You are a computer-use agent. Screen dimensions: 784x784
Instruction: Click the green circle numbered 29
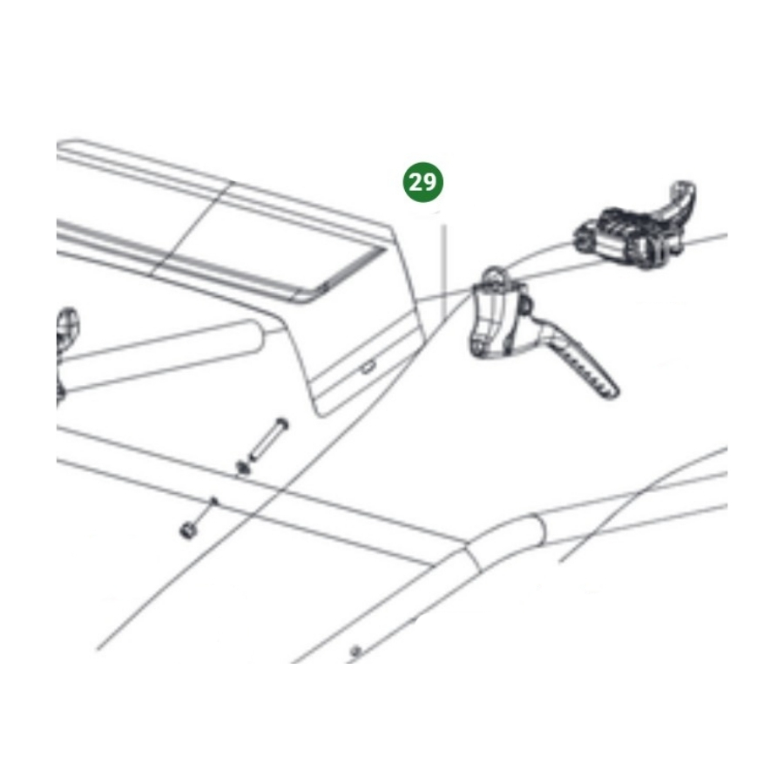423,182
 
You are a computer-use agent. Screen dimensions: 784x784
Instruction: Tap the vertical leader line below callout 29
443,271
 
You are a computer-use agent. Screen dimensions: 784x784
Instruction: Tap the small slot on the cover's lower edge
368,367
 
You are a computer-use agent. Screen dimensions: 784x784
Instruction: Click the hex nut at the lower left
188,530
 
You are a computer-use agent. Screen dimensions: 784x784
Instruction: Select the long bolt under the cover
268,441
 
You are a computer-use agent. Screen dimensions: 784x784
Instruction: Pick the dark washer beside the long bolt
244,468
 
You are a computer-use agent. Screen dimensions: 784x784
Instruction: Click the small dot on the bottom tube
356,651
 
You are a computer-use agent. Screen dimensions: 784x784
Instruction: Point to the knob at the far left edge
67,329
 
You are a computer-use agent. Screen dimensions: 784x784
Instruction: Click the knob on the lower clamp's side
525,306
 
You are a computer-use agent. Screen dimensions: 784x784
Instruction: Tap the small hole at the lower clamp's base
479,347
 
